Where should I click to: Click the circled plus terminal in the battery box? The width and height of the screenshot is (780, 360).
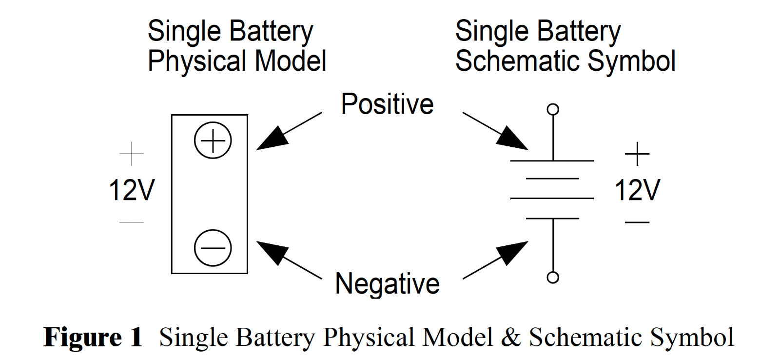[213, 140]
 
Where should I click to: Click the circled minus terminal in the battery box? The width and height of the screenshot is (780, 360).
[213, 248]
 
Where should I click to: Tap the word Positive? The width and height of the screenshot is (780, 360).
[387, 104]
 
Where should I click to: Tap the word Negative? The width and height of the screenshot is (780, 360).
[387, 283]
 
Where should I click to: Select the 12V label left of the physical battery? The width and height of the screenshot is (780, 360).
[132, 190]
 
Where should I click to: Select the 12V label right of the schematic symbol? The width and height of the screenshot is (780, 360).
[637, 190]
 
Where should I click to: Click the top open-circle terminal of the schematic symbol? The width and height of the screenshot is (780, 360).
[553, 109]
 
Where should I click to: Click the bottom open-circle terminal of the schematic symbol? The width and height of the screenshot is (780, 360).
[553, 278]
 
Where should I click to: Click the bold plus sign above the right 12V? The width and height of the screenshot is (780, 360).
[637, 154]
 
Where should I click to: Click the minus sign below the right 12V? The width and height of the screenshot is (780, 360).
[637, 222]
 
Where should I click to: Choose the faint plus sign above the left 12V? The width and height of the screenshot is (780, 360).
[132, 154]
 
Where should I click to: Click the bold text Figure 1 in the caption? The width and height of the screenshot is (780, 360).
[93, 338]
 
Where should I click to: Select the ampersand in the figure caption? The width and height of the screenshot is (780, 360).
[510, 338]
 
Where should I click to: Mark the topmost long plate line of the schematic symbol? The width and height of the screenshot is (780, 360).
[552, 160]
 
